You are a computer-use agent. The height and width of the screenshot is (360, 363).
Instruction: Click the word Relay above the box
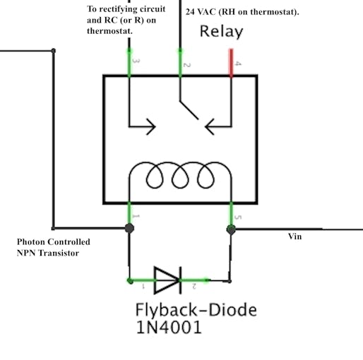tap(221, 32)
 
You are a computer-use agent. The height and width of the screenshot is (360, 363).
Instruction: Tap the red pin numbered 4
tap(231, 63)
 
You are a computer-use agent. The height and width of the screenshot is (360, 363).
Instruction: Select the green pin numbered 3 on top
tap(129, 63)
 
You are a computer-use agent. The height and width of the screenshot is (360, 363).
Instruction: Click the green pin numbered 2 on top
tap(180, 63)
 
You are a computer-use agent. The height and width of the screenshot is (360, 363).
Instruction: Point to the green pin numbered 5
tap(231, 214)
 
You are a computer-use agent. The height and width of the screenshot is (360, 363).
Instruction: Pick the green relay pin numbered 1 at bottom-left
tap(129, 213)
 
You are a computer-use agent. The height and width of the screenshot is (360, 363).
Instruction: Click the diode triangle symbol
tap(167, 280)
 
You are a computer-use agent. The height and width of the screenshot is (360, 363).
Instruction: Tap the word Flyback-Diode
tap(196, 310)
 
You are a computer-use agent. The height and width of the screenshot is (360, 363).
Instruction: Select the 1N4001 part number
tap(169, 327)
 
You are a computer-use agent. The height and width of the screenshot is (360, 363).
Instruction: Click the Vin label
tap(294, 236)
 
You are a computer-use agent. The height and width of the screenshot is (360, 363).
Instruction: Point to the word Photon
tap(32, 242)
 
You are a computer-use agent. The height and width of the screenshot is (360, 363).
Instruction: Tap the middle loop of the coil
tap(180, 175)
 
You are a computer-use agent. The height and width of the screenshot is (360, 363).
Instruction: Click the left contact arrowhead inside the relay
tap(151, 126)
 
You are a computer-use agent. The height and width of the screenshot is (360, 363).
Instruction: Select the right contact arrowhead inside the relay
tap(210, 126)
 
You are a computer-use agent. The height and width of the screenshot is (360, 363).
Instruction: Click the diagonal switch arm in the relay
tap(189, 110)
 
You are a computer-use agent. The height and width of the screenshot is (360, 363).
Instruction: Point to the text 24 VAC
tap(201, 12)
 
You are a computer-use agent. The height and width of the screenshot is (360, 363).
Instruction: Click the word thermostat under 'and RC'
tap(109, 31)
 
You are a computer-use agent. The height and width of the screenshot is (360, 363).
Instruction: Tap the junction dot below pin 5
tap(231, 229)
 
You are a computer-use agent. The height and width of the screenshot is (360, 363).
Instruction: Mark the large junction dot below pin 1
tap(129, 228)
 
